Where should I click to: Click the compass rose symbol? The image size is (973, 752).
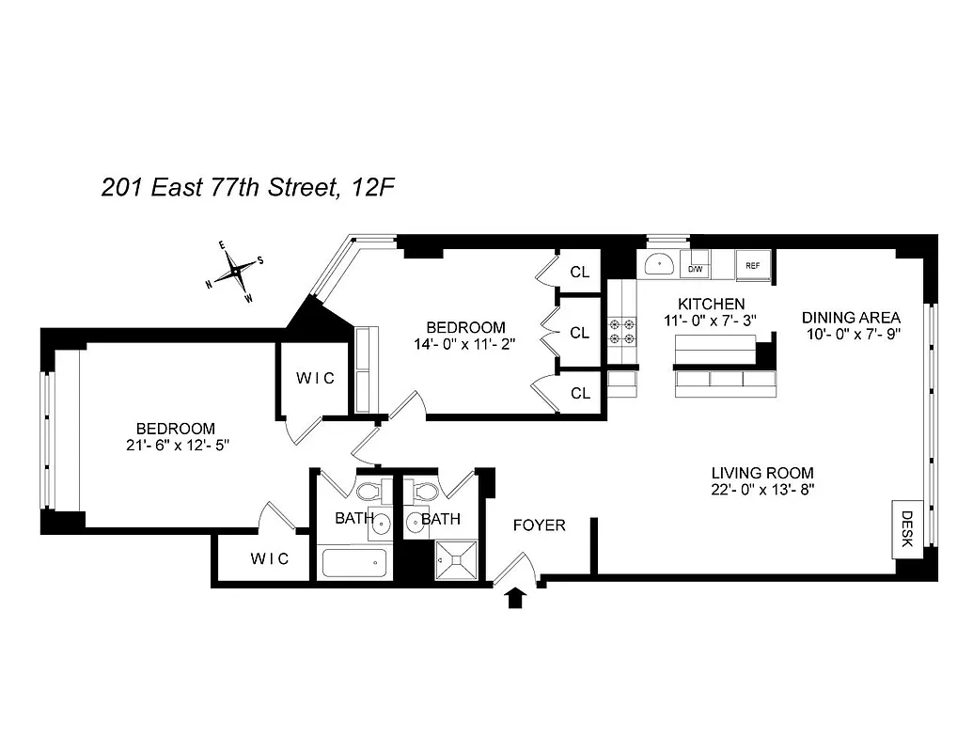(x=235, y=271)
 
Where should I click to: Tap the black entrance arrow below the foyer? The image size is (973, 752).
(x=515, y=598)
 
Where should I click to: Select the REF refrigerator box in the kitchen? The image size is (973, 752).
(x=753, y=266)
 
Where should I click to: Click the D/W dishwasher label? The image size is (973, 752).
(x=696, y=268)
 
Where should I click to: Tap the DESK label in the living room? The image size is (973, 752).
(x=907, y=528)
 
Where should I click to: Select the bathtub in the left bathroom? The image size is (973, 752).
(x=353, y=563)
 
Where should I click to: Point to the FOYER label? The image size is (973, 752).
(x=539, y=525)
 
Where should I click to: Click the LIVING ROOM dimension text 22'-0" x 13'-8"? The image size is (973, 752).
(x=761, y=489)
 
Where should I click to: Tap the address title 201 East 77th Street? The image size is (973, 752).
(x=247, y=188)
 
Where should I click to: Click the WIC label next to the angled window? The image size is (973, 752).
(x=315, y=378)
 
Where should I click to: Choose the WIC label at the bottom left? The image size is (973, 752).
(x=270, y=558)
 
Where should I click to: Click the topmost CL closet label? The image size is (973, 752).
(x=580, y=273)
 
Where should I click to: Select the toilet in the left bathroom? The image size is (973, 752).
(x=369, y=492)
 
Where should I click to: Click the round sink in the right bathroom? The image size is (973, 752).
(x=416, y=523)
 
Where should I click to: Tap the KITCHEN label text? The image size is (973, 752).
(x=712, y=304)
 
